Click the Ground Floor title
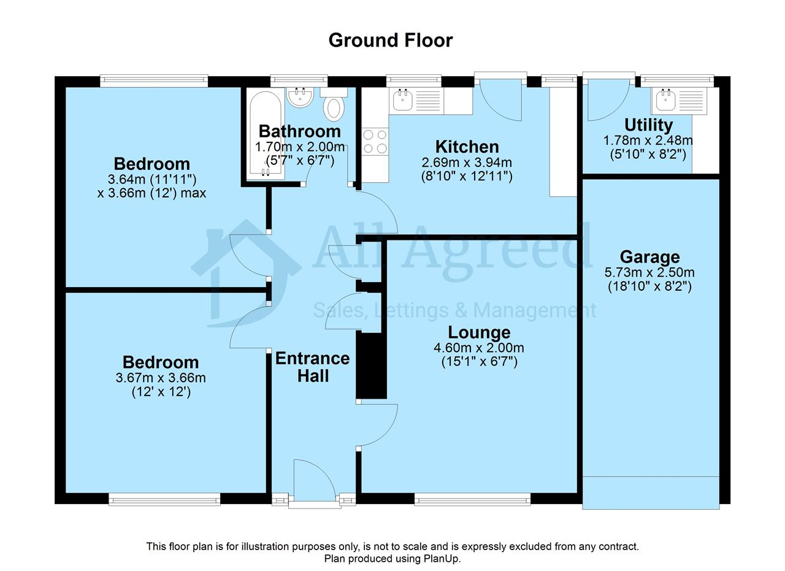391,40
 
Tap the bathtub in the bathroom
266,134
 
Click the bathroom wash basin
300,98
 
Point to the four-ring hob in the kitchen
375,142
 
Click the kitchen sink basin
403,101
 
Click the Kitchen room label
467,147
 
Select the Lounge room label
479,332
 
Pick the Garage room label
649,257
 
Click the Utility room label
648,125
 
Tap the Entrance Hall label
312,367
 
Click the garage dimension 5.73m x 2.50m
649,272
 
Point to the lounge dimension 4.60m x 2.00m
479,348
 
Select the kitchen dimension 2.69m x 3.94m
467,163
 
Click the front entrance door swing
315,483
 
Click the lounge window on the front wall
472,499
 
